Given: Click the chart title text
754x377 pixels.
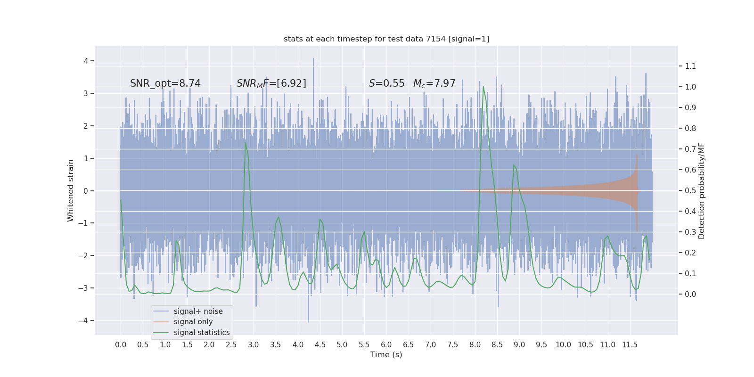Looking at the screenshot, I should tap(386, 39).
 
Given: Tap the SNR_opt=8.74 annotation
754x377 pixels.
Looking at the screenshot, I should tap(165, 83).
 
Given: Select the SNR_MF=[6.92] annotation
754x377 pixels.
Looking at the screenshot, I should tap(271, 83).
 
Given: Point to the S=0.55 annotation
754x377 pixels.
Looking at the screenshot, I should tap(386, 83).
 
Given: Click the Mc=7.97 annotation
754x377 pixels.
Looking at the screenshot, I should tap(434, 83).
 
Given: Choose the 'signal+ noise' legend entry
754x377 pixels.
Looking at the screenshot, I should tap(198, 311).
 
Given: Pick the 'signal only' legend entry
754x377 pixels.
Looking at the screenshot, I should tap(193, 322).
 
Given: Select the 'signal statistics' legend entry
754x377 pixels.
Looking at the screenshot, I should tap(202, 333).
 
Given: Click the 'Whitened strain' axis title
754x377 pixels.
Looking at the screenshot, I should tap(71, 190).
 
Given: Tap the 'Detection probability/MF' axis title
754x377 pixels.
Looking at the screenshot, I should tap(702, 190).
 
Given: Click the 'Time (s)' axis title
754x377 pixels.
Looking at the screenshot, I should tap(386, 354).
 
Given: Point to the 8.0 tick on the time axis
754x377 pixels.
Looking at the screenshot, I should tap(475, 344).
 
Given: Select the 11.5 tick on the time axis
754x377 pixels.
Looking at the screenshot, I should tap(630, 344).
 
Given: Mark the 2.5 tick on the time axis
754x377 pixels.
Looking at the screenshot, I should tap(231, 344).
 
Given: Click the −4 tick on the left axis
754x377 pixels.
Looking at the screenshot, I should tap(86, 320).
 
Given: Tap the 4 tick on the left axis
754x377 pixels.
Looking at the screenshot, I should tap(86, 61).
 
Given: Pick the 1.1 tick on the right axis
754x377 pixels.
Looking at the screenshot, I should tap(690, 66).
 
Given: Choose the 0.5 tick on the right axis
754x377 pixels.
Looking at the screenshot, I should tap(690, 190).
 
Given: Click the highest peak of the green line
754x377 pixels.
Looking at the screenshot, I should tap(483, 87).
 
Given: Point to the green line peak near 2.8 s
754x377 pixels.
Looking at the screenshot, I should tap(245, 143).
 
